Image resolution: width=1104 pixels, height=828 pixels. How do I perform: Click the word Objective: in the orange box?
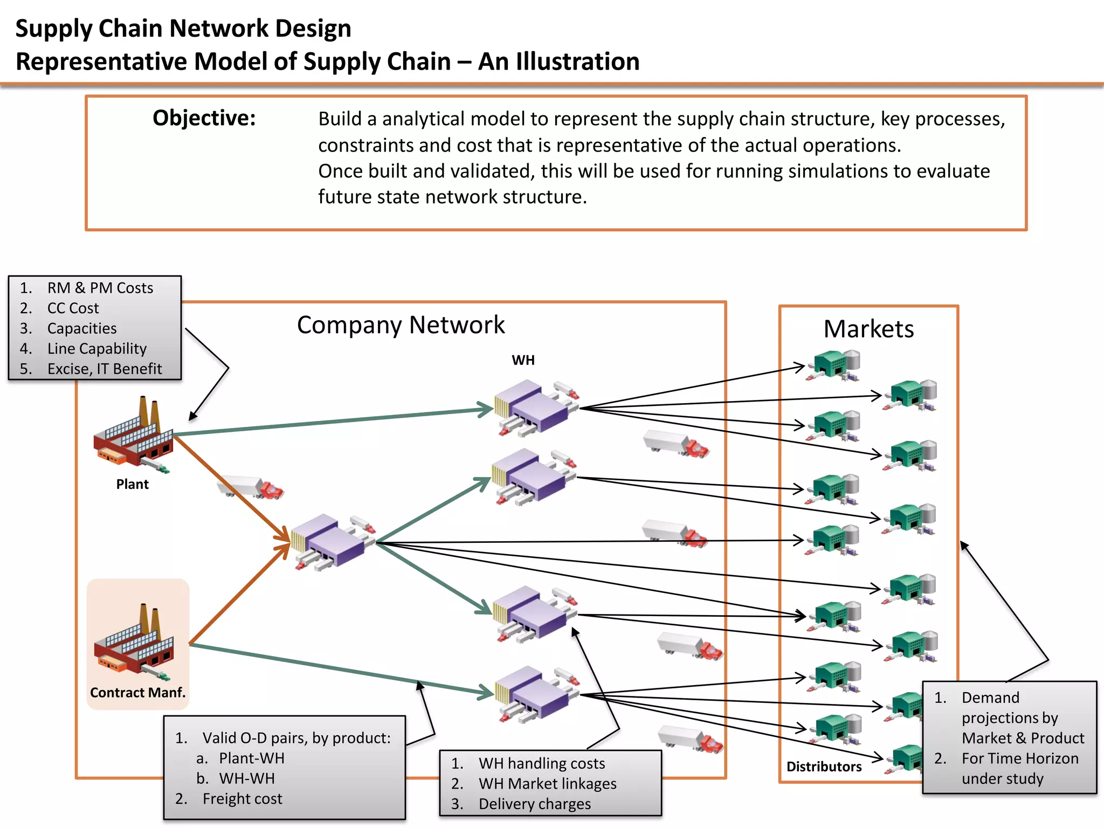pyautogui.click(x=204, y=118)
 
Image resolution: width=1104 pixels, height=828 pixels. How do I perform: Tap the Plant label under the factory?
pyautogui.click(x=132, y=484)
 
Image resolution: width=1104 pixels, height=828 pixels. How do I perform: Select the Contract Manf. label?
pyautogui.click(x=137, y=693)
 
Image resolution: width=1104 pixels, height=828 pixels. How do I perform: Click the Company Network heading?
pyautogui.click(x=401, y=325)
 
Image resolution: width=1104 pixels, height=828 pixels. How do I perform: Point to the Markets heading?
pyautogui.click(x=868, y=329)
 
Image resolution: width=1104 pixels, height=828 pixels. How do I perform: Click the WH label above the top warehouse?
pyautogui.click(x=523, y=360)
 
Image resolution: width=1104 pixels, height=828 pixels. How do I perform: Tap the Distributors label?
pyautogui.click(x=824, y=767)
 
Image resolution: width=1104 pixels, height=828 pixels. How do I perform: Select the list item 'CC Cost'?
pyautogui.click(x=73, y=308)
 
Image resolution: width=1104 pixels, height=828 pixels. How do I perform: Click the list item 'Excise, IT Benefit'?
pyautogui.click(x=105, y=369)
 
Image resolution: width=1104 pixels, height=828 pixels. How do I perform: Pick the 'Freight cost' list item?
pyautogui.click(x=242, y=799)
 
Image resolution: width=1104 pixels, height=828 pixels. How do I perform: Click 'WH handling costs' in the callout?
pyautogui.click(x=542, y=763)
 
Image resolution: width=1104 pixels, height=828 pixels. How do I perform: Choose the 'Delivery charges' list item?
pyautogui.click(x=535, y=804)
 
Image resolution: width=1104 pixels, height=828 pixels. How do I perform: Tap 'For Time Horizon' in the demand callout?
pyautogui.click(x=1020, y=758)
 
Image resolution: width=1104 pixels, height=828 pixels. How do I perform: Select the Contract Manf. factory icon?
pyautogui.click(x=135, y=641)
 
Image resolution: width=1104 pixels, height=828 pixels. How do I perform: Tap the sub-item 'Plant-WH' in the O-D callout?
pyautogui.click(x=251, y=758)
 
